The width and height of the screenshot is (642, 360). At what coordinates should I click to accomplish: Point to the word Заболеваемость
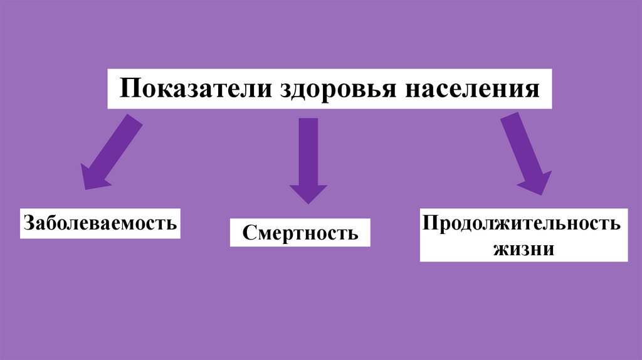100,223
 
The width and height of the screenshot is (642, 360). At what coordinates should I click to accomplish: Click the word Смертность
300,233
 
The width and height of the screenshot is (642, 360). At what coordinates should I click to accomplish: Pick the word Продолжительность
522,223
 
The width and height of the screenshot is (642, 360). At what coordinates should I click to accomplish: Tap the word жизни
524,248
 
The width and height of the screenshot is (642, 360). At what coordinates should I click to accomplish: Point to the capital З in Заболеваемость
29,223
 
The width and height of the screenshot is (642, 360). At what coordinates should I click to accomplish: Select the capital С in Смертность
248,233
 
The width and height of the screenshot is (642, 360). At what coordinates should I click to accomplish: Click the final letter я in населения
532,89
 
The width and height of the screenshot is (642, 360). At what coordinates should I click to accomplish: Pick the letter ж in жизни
502,249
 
